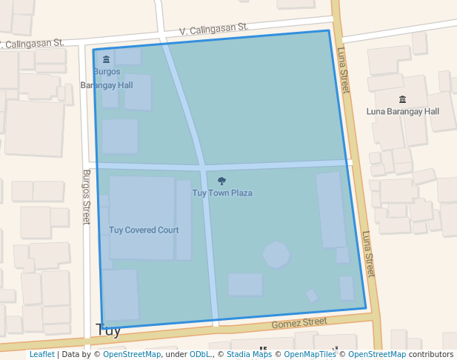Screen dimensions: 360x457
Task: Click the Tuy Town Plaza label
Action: [x=222, y=193]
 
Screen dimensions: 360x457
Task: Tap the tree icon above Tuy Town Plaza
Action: [x=221, y=181]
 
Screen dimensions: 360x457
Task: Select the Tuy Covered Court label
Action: [x=144, y=230]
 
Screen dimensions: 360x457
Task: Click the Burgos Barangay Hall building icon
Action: [x=106, y=59]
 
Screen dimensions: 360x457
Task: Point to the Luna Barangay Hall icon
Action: [x=403, y=99]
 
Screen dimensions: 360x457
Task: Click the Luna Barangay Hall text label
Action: [x=403, y=111]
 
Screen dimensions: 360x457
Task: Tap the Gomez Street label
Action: [x=299, y=323]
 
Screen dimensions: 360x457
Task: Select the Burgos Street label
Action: [x=86, y=196]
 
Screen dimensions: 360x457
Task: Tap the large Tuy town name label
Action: [x=108, y=330]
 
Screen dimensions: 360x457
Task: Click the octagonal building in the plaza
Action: [x=276, y=255]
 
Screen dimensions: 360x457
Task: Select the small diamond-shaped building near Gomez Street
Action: [x=312, y=296]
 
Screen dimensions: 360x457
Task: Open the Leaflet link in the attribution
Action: [x=41, y=354]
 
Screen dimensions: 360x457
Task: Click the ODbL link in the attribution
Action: [x=199, y=354]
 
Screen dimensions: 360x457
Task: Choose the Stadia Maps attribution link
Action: [x=250, y=354]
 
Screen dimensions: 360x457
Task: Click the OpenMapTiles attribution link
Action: [x=310, y=354]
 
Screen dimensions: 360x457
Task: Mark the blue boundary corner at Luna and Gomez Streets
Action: [x=366, y=308]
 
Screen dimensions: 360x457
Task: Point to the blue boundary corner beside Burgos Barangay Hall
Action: [x=93, y=50]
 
